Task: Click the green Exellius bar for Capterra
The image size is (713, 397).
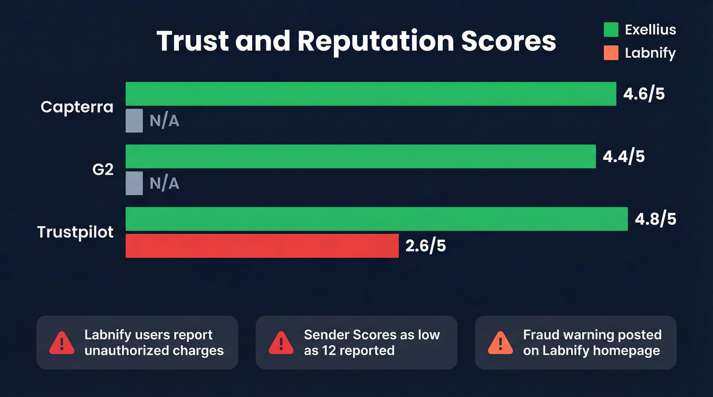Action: click(371, 94)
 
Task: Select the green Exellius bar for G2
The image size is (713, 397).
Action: click(361, 156)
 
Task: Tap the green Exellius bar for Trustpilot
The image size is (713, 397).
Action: click(376, 219)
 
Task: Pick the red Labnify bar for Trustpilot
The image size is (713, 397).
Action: click(262, 246)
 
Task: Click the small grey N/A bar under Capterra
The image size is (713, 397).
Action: click(134, 120)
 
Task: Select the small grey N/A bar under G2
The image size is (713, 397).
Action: click(134, 183)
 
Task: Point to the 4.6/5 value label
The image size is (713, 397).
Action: click(644, 94)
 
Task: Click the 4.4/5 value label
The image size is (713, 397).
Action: click(623, 157)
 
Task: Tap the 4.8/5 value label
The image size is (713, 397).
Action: click(655, 220)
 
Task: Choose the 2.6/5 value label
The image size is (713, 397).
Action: click(426, 247)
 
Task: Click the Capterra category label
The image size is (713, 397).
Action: click(77, 107)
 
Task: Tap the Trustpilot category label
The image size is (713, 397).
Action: click(75, 232)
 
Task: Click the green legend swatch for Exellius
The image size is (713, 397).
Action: click(611, 29)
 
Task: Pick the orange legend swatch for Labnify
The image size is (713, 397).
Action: click(611, 53)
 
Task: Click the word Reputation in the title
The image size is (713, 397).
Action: click(376, 41)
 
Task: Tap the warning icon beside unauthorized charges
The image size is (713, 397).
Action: click(62, 343)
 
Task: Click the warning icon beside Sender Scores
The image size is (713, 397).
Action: click(281, 343)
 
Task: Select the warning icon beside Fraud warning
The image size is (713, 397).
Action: click(501, 343)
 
